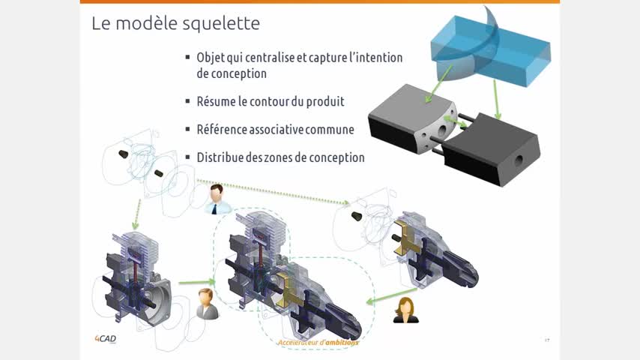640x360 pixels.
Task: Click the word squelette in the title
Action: [220, 24]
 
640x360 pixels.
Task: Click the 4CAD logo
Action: [106, 339]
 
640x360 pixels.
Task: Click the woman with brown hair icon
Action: [405, 310]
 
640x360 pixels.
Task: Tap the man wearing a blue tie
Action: [217, 199]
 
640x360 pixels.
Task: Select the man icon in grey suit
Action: [207, 304]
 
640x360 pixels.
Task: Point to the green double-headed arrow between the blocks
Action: [456, 121]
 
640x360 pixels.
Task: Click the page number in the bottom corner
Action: [547, 340]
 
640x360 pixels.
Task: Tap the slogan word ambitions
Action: [339, 343]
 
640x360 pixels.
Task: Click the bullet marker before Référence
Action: [188, 129]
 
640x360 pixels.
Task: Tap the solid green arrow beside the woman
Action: [391, 295]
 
